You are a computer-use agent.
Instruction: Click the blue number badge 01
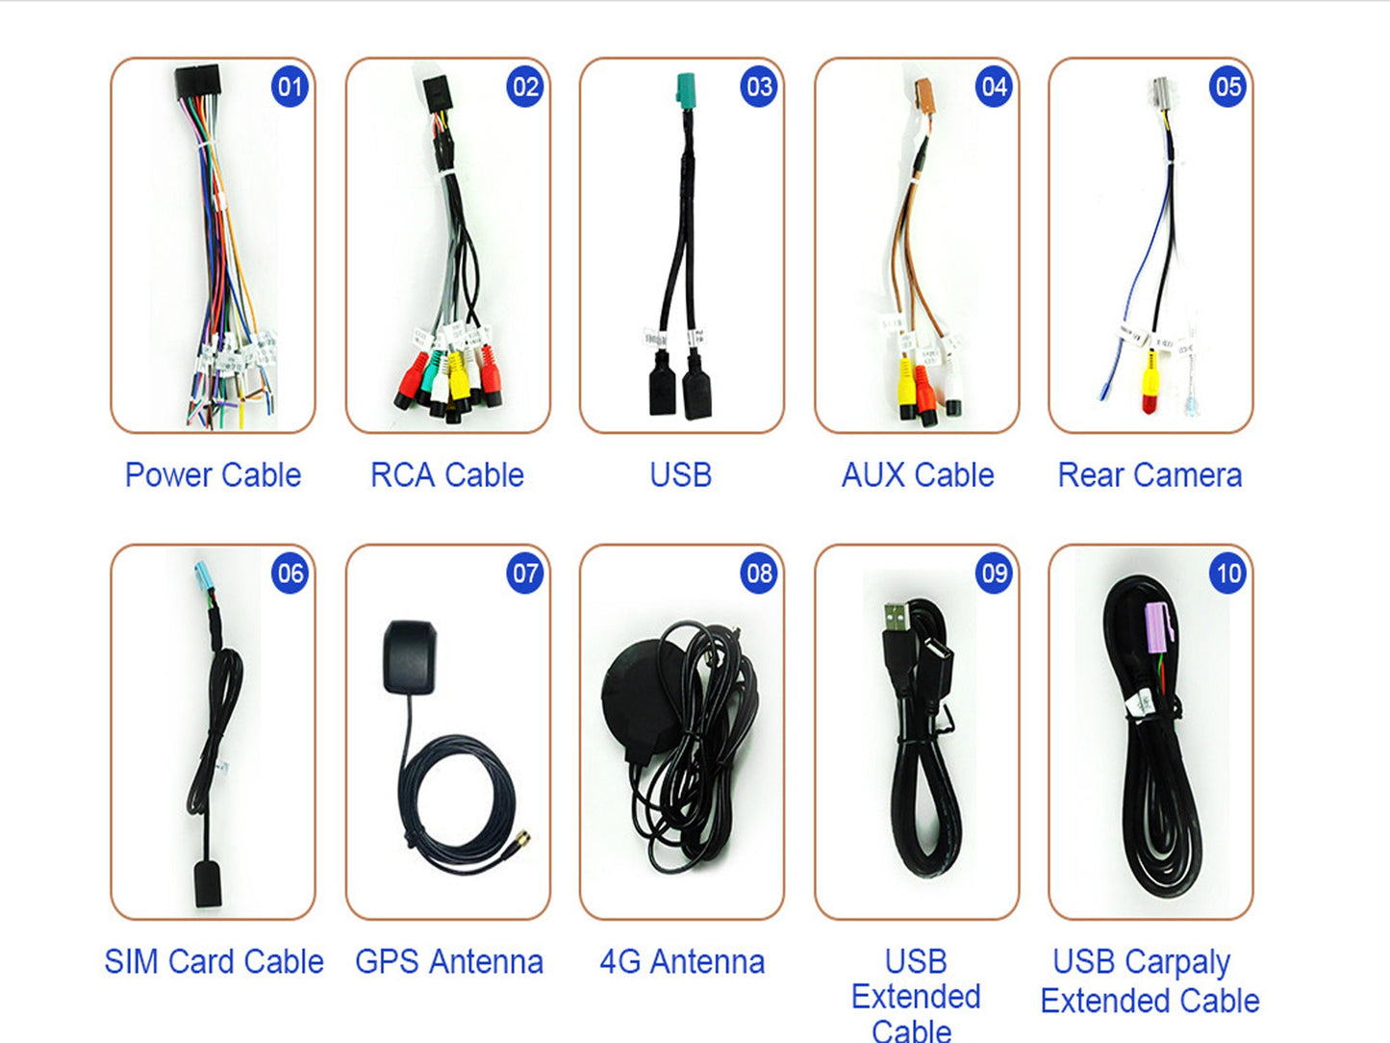pyautogui.click(x=290, y=88)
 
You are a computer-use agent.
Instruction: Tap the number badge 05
pyautogui.click(x=1227, y=88)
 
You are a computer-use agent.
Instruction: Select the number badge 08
pyautogui.click(x=759, y=574)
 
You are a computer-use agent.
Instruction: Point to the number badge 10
pyautogui.click(x=1227, y=574)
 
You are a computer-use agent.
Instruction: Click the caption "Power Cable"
pyautogui.click(x=213, y=475)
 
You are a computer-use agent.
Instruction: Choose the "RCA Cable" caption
pyautogui.click(x=447, y=475)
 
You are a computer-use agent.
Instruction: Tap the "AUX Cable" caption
pyautogui.click(x=918, y=475)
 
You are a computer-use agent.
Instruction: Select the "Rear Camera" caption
pyautogui.click(x=1150, y=475)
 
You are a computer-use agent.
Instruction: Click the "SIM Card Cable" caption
pyautogui.click(x=214, y=962)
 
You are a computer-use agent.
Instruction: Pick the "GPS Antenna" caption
pyautogui.click(x=449, y=962)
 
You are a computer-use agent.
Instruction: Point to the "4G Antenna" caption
pyautogui.click(x=682, y=962)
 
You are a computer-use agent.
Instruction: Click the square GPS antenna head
pyautogui.click(x=411, y=656)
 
